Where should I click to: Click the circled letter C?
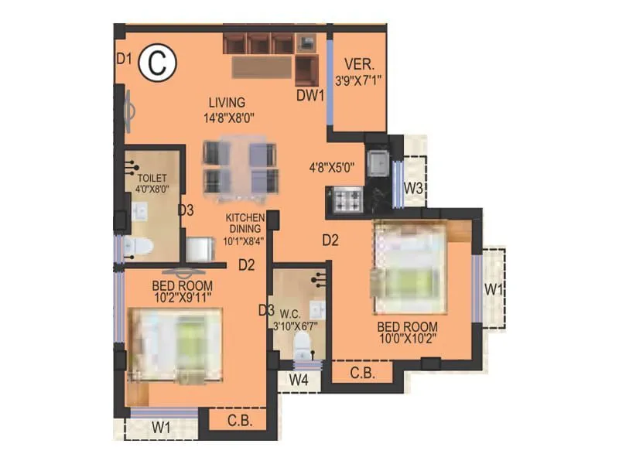tap(157, 64)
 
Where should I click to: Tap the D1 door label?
tap(125, 57)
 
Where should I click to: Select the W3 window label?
tap(413, 188)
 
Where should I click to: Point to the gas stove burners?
tap(348, 200)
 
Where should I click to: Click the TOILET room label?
tap(152, 178)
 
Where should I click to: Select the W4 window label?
tap(299, 380)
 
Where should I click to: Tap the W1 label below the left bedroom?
tap(161, 426)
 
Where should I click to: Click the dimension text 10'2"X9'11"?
tap(183, 295)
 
